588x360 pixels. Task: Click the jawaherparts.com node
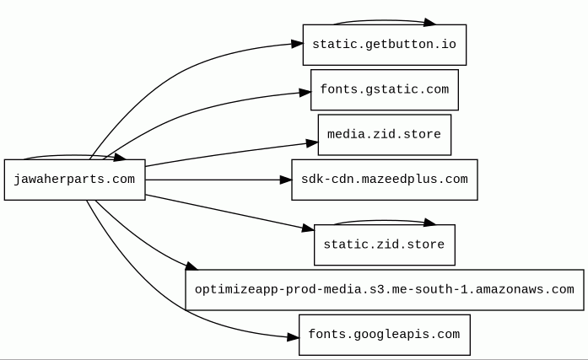[74, 180]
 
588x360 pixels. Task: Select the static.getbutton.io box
[385, 45]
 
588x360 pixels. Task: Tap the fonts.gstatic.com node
[385, 90]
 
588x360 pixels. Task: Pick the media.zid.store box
[385, 135]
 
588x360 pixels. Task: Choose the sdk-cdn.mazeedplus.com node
[385, 180]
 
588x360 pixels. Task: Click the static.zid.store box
[385, 245]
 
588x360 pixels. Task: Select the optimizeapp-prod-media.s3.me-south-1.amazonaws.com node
[385, 290]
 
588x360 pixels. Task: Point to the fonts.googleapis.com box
[385, 335]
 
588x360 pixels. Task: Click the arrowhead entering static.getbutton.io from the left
[297, 44]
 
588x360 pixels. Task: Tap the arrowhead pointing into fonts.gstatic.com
[305, 92]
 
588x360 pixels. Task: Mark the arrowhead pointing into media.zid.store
[312, 143]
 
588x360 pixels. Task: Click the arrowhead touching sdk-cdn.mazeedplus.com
[286, 180]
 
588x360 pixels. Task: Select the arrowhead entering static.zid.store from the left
[308, 228]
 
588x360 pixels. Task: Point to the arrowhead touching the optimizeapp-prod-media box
[192, 266]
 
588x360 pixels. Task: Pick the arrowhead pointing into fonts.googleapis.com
[294, 337]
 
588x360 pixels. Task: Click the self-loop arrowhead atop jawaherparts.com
[120, 157]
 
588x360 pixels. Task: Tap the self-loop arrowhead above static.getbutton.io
[429, 23]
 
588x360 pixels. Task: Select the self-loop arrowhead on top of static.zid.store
[429, 223]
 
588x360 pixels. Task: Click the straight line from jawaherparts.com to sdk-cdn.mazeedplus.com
[213, 180]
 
